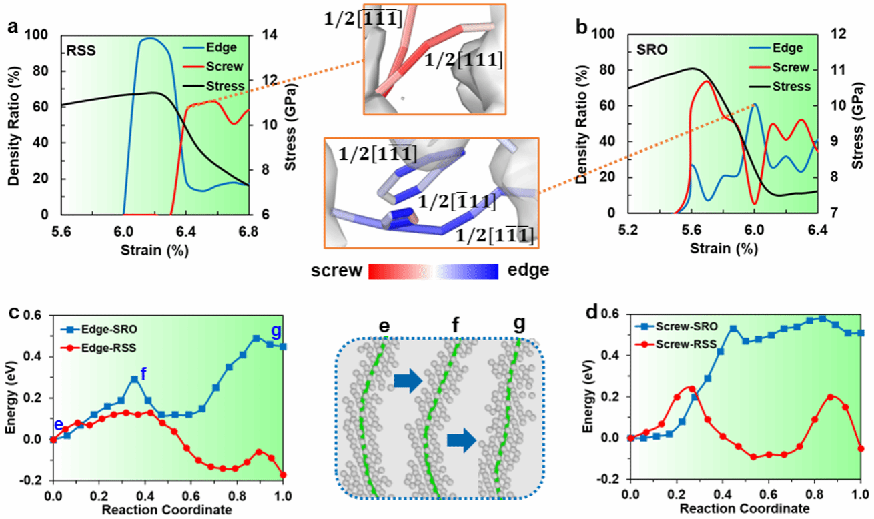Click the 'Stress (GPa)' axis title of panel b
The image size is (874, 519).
click(x=861, y=123)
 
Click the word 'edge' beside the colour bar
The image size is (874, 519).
click(x=528, y=270)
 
